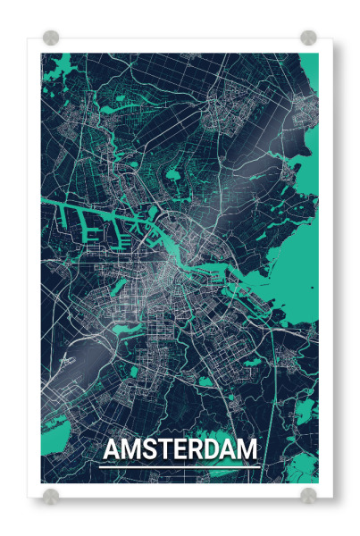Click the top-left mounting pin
coord(51,38)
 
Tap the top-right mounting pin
coord(308,38)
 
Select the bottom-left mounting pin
coord(51,494)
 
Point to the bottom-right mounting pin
coord(308,494)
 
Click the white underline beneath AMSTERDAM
coord(180,465)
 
